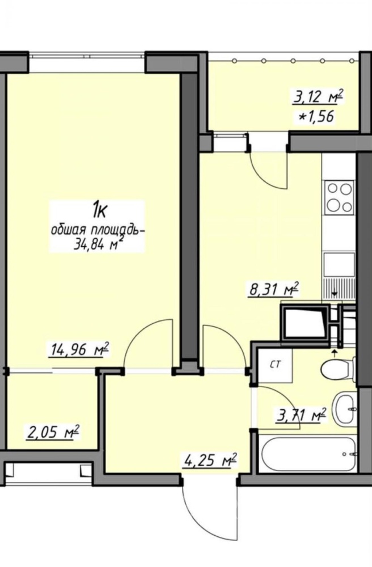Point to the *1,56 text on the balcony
pos(314,117)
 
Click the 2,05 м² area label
pos(52,432)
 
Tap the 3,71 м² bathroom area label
pos(301,414)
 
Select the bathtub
pos(308,454)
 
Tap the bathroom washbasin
pos(345,409)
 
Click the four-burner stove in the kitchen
pos(340,197)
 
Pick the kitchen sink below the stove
pos(340,265)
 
